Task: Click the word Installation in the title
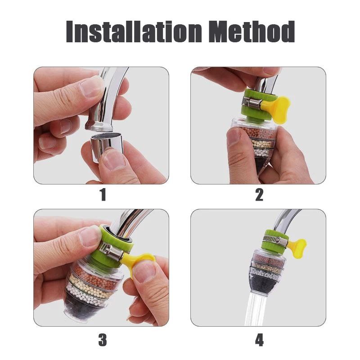click(x=134, y=31)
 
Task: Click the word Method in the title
click(x=252, y=31)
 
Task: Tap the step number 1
click(x=103, y=195)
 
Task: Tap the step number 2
click(x=259, y=195)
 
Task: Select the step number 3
click(x=103, y=340)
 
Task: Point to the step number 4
click(x=259, y=340)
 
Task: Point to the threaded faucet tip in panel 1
click(x=99, y=125)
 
